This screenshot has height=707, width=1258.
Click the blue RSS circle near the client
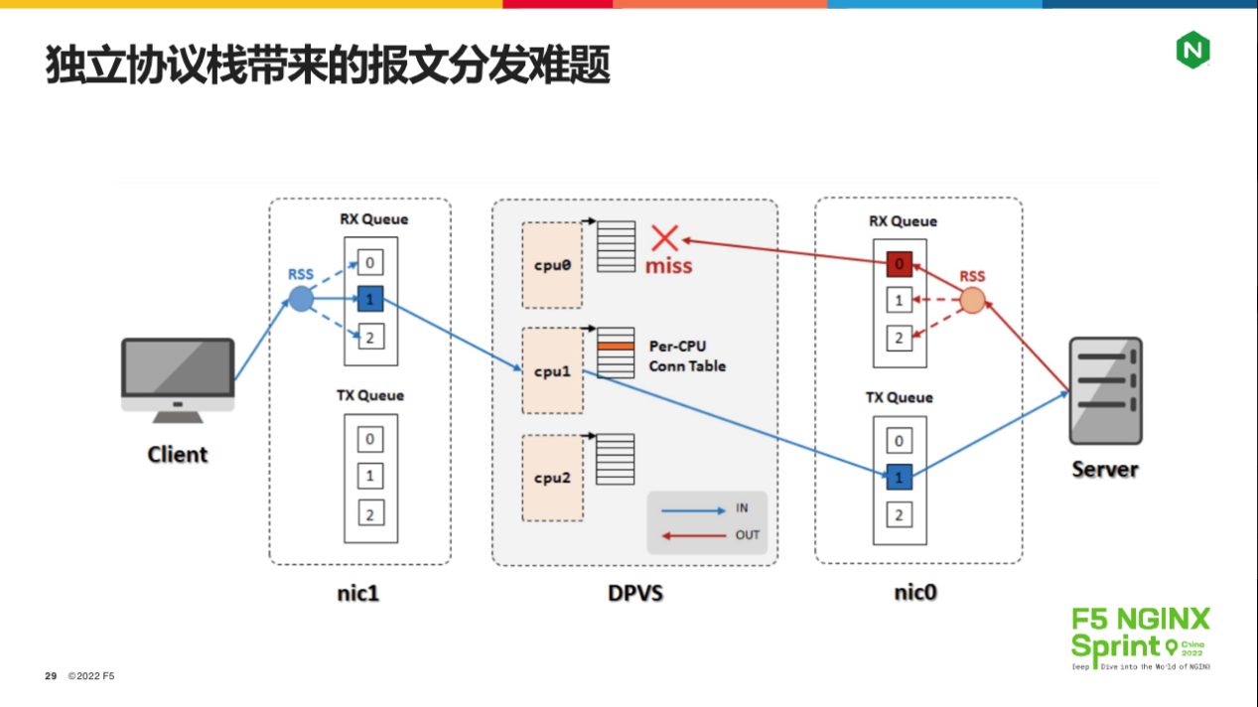click(x=301, y=298)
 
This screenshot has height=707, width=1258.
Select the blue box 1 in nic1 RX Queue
click(x=369, y=297)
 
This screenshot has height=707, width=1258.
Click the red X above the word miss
click(x=664, y=238)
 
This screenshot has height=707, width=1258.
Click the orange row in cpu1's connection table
click(x=616, y=346)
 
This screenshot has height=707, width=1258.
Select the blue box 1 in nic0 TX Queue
click(x=899, y=478)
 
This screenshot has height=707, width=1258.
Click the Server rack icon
click(x=1105, y=391)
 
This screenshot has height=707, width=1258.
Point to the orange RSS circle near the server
click(x=973, y=300)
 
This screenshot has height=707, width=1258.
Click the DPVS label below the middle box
click(x=635, y=594)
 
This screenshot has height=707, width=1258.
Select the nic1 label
click(x=358, y=594)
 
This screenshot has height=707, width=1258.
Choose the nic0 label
click(x=916, y=593)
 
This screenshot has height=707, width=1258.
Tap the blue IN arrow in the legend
click(x=693, y=510)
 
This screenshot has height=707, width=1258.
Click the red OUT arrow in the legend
click(x=693, y=536)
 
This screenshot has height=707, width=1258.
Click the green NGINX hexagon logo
click(x=1192, y=50)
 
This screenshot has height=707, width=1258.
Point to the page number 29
click(x=51, y=676)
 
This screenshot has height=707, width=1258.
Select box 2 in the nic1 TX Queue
click(x=369, y=513)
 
